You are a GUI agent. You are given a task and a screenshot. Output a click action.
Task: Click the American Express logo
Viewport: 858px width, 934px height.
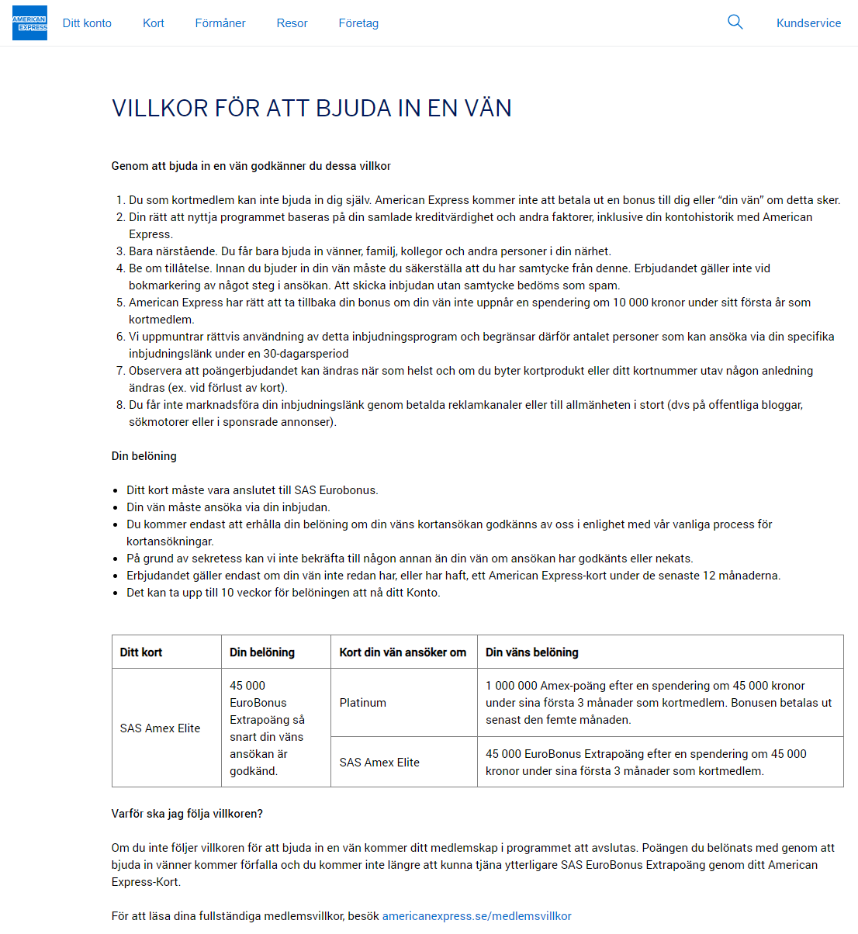coord(29,23)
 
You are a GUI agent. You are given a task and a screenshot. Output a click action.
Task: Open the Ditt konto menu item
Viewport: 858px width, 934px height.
coord(87,23)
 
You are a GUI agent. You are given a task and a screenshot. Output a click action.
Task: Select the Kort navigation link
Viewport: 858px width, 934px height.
coord(154,23)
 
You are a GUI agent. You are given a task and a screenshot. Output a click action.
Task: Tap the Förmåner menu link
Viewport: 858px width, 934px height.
coord(220,23)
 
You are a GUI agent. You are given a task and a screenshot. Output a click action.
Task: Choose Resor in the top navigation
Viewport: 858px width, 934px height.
coord(292,23)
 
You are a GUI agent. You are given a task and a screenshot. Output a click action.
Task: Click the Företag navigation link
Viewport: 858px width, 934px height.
coord(358,23)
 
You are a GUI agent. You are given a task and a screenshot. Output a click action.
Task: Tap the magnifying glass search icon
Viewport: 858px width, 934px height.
coord(735,22)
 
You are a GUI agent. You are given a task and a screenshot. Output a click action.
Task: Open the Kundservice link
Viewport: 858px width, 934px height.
coord(808,23)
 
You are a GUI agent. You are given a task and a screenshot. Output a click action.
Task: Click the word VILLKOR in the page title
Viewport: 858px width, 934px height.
coord(160,109)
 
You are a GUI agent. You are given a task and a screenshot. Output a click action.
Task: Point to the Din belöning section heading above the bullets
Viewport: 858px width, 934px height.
coord(144,456)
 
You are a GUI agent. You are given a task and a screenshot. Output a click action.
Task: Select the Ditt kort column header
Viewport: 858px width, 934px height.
coord(141,652)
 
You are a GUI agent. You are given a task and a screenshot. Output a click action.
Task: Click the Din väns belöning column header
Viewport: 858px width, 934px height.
coord(531,652)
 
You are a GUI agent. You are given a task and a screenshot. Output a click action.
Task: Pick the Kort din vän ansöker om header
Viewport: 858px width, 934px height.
coord(403,652)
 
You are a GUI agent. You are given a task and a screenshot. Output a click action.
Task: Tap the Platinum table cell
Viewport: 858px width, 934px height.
coord(362,703)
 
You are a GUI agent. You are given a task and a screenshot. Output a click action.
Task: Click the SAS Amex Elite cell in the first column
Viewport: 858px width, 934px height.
coord(160,728)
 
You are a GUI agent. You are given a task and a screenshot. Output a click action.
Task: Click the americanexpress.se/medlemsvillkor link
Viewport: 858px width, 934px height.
coord(476,916)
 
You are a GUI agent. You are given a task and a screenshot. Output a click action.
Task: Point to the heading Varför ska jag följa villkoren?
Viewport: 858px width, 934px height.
coord(187,814)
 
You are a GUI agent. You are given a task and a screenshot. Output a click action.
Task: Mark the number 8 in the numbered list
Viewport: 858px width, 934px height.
coord(121,405)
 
